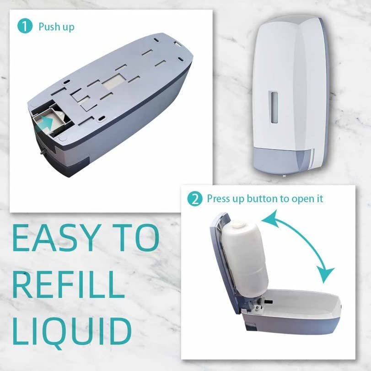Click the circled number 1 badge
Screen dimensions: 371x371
(x=25, y=26)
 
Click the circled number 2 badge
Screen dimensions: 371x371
(x=195, y=199)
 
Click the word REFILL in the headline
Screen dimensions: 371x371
(x=69, y=285)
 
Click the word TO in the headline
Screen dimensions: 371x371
(x=135, y=237)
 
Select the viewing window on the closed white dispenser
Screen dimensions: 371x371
(x=274, y=107)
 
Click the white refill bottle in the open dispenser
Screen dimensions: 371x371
(x=246, y=258)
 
